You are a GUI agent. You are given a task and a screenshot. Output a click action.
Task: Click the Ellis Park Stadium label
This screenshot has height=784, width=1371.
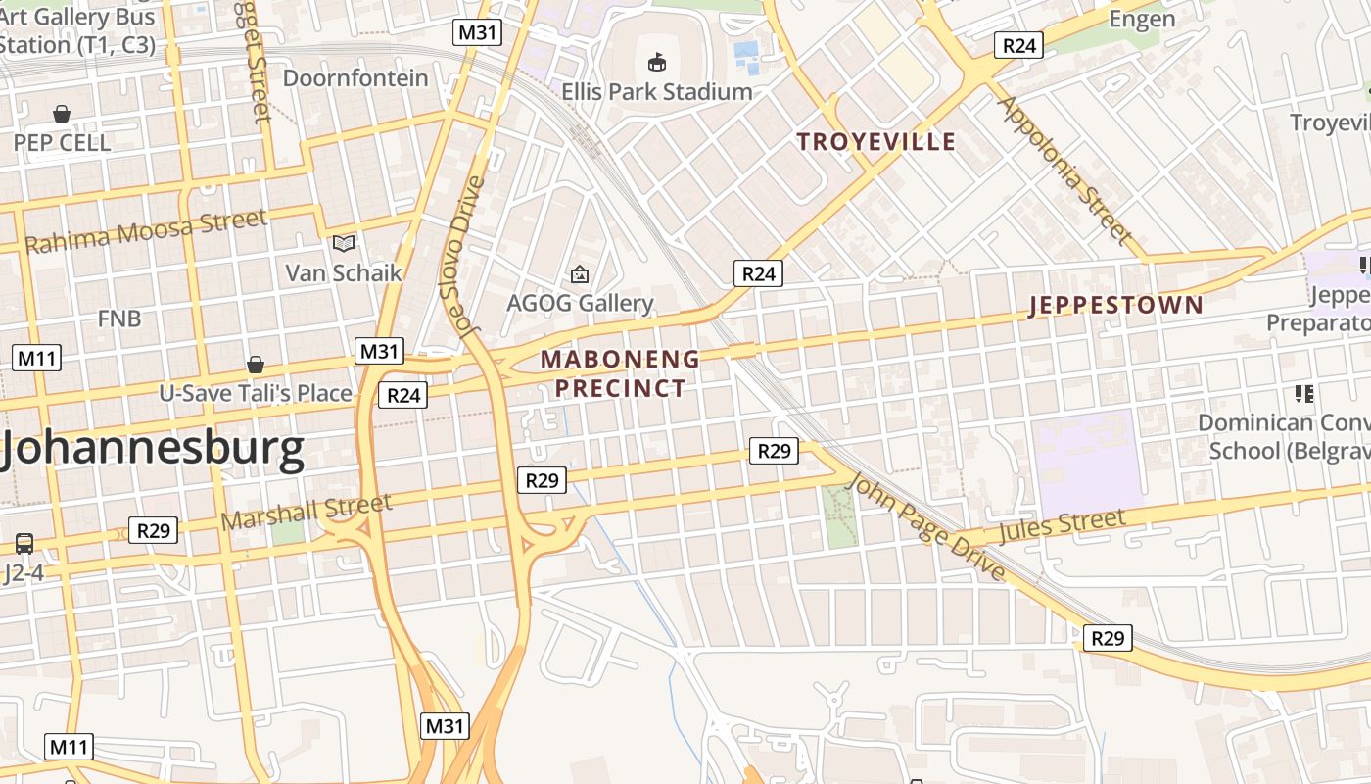[x=656, y=92]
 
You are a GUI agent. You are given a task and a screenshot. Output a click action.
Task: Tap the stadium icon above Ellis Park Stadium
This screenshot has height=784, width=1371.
[x=656, y=63]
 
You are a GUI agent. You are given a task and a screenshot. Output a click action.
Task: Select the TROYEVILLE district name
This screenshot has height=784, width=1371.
[x=875, y=142]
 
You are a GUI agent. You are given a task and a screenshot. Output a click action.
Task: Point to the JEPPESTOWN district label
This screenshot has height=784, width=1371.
[x=1115, y=305]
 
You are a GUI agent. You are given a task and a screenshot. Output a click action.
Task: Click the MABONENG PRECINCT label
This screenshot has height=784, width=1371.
[x=620, y=373]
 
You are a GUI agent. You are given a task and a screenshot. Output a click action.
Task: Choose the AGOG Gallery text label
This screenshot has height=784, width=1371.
[x=580, y=303]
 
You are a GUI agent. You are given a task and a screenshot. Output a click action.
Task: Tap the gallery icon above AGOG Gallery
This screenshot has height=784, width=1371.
[x=580, y=274]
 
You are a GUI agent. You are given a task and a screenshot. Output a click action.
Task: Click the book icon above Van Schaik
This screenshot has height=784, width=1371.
[x=343, y=243]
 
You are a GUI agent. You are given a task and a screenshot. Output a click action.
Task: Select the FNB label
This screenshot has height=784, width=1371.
[x=119, y=318]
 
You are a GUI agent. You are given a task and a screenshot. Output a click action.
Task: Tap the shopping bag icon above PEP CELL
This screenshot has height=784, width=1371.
[x=62, y=115]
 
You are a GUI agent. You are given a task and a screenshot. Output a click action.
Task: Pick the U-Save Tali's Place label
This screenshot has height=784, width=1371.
[x=256, y=394]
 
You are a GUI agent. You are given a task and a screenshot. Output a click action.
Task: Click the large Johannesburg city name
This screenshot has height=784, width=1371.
[x=152, y=450]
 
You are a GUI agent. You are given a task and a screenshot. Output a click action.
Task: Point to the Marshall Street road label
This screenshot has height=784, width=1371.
[x=307, y=512]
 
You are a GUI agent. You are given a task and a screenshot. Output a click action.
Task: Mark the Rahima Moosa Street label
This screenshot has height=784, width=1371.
[x=145, y=232]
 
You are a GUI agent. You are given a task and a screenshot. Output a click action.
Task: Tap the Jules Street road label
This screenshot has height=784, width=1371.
[x=1062, y=525]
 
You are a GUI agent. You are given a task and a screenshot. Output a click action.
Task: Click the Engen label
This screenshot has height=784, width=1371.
[x=1142, y=20]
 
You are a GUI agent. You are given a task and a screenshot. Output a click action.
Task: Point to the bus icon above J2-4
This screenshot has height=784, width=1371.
[x=24, y=543]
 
